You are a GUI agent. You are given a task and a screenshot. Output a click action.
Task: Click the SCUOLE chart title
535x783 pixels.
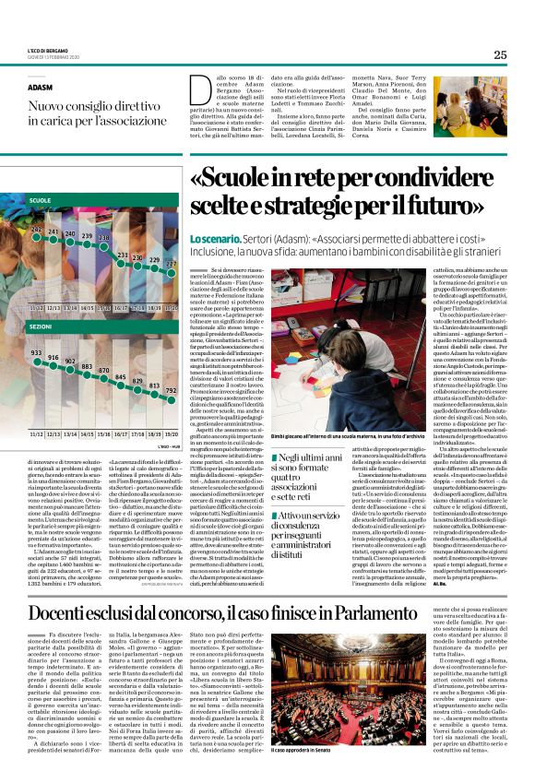point(40,200)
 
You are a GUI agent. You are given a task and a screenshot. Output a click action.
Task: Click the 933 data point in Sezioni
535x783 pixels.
point(37,354)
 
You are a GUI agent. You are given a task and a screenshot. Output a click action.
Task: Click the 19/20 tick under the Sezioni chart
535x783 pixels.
point(171,406)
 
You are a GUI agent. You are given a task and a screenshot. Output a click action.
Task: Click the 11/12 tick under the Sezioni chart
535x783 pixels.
point(37,406)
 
